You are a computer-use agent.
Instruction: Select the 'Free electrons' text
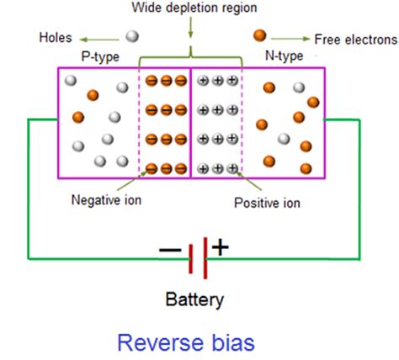(355, 40)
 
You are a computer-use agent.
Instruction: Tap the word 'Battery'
(196, 298)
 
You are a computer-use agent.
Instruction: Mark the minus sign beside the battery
(169, 250)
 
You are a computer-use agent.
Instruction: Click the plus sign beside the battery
(221, 247)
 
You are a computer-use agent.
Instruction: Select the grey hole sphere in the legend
(132, 36)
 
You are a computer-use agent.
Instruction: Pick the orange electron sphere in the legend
(260, 36)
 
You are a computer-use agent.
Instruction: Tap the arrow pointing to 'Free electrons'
(290, 38)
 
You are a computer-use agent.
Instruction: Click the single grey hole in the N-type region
(285, 139)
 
